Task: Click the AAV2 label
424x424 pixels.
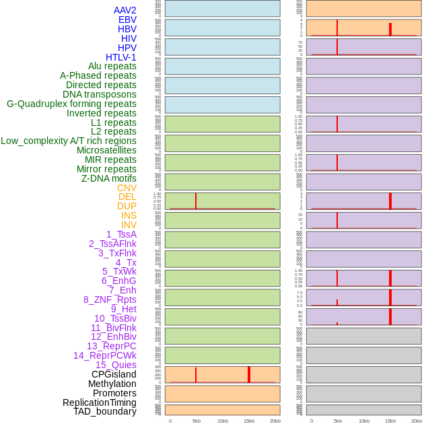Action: pos(125,10)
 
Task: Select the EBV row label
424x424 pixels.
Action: pos(127,20)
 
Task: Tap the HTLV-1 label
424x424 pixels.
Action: pos(120,57)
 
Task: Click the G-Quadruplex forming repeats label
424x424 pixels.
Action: pos(71,104)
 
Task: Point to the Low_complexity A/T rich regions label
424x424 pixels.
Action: pos(68,141)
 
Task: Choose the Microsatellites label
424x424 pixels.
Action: pos(106,150)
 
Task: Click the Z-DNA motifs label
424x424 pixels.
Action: pos(108,178)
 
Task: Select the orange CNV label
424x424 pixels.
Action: pos(127,188)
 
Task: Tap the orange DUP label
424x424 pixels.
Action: pos(127,206)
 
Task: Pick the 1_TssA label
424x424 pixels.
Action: pos(121,234)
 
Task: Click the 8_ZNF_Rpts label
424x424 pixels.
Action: pos(110,299)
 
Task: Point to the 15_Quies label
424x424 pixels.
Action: pos(116,365)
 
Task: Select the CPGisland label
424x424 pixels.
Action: pos(114,374)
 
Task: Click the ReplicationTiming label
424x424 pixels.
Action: pos(99,402)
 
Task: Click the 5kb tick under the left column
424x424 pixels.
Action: pos(196,421)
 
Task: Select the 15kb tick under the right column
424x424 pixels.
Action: pos(390,421)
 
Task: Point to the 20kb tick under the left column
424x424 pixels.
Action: pos(275,421)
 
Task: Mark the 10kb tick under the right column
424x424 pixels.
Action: pos(364,421)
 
